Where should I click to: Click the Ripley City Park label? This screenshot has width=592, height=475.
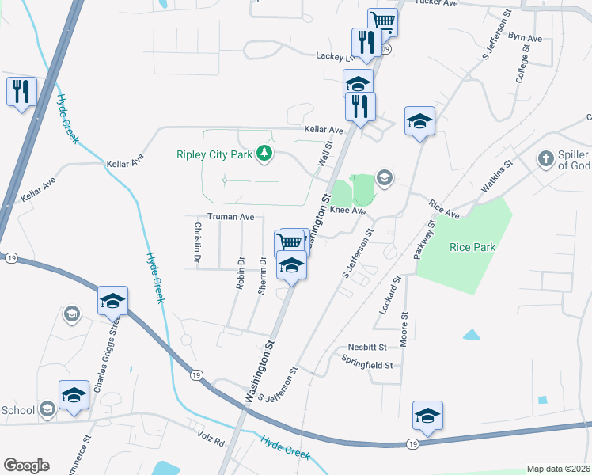coord(218,154)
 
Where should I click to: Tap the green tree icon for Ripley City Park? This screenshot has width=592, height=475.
coord(265,154)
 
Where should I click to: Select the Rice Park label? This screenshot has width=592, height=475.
coord(472,247)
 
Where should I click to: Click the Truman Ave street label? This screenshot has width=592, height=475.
coord(230,216)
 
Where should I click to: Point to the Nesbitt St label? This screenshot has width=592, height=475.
coord(366,347)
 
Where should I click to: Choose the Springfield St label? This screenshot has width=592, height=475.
coord(366,365)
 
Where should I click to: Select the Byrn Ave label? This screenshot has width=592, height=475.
coord(525,37)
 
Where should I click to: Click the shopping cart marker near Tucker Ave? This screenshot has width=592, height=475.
coord(382,21)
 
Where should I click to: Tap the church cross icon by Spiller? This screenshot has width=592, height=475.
coord(545,159)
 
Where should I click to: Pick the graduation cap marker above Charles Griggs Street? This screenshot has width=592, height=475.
coord(112,301)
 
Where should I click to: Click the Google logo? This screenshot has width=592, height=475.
coord(27,465)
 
